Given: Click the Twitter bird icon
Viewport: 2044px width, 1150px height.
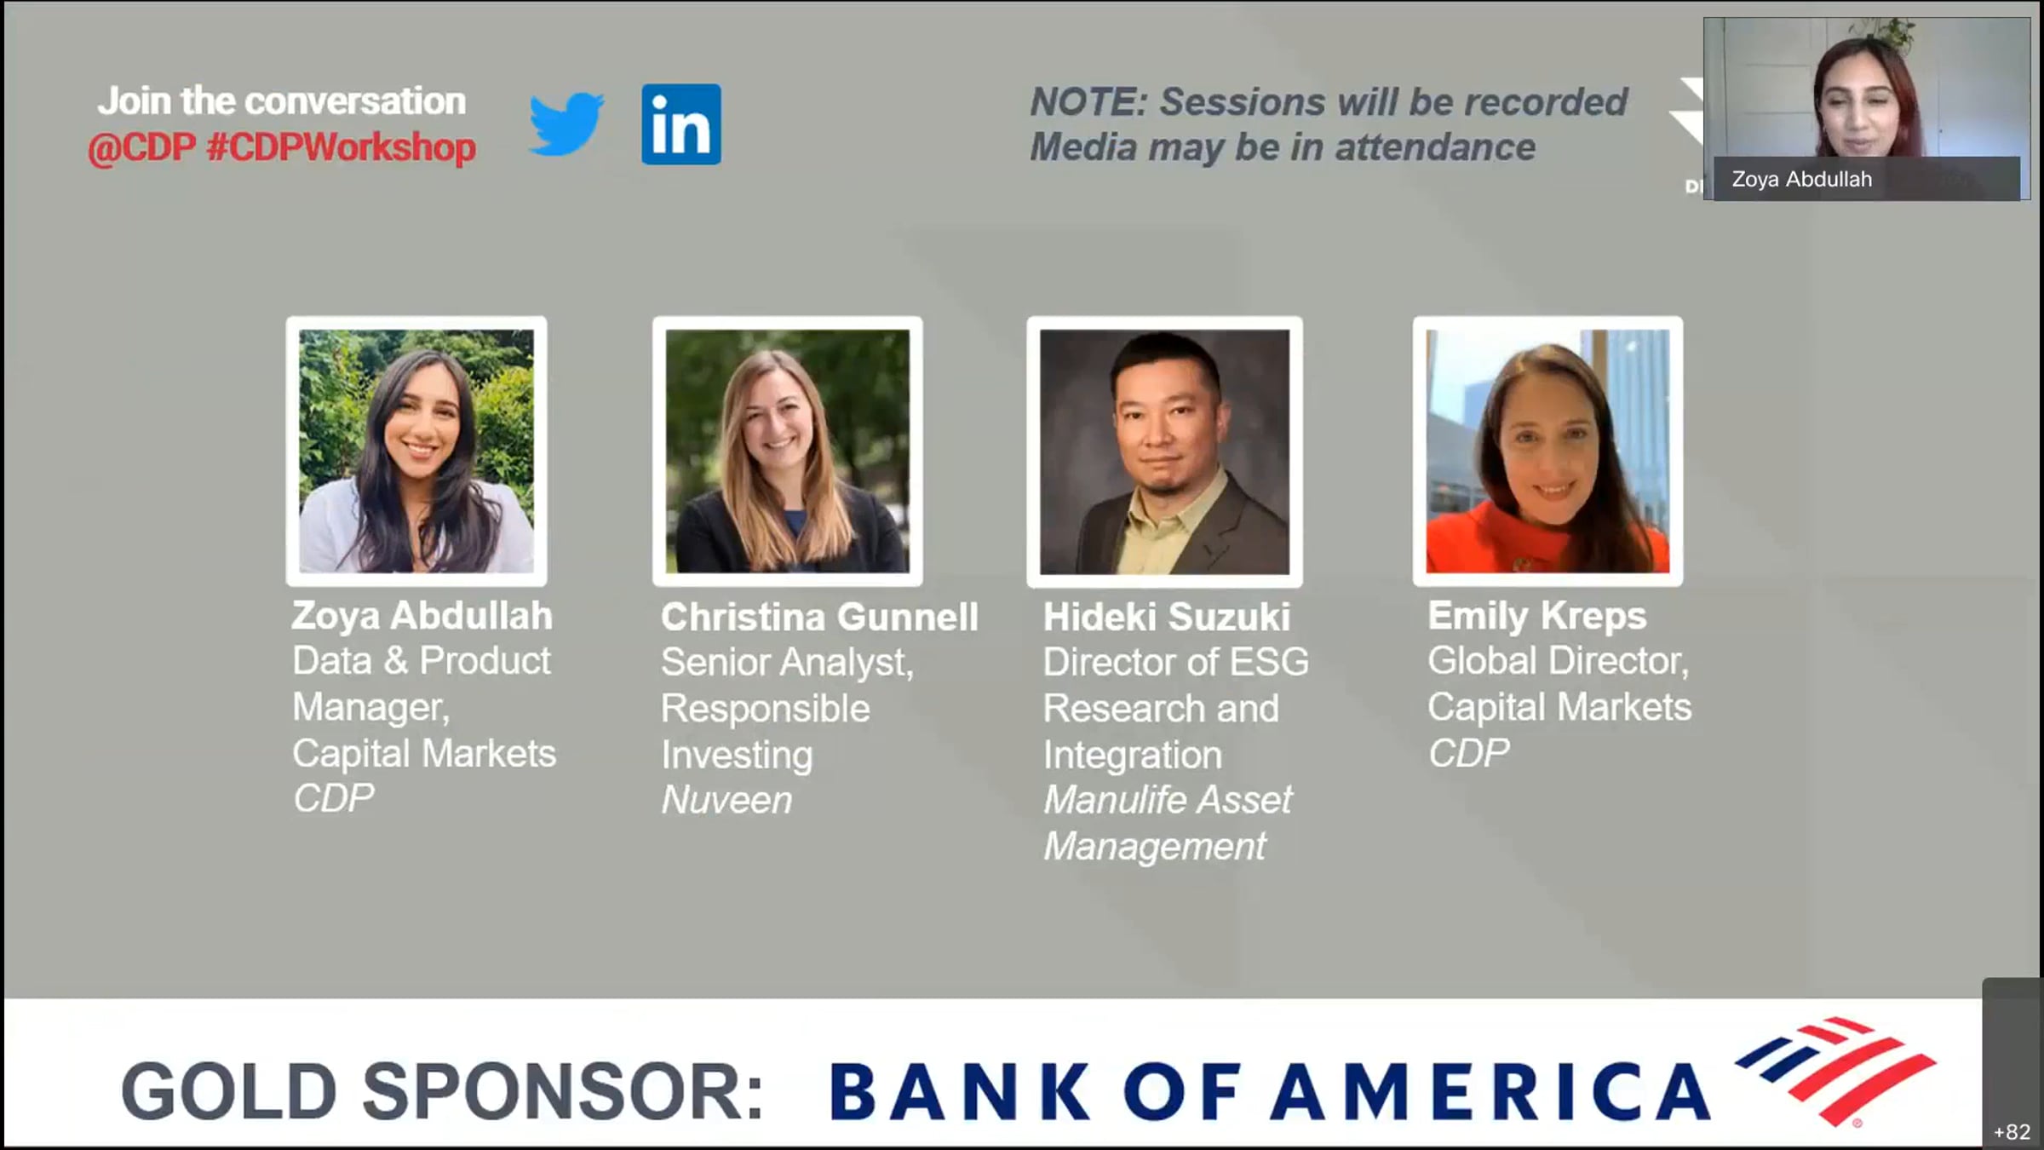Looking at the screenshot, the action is (x=566, y=124).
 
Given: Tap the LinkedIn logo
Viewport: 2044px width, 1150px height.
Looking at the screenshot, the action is (x=681, y=124).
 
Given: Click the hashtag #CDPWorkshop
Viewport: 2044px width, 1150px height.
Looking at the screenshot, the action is (x=341, y=147).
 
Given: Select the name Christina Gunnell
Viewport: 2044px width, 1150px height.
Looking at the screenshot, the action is (x=819, y=618).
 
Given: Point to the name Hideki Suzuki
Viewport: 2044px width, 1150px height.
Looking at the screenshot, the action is (x=1167, y=618).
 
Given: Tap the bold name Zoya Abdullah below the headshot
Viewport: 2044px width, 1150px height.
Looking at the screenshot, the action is (x=422, y=616).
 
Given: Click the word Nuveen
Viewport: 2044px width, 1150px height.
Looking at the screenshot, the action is (x=726, y=800).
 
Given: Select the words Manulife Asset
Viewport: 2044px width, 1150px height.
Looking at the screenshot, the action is (x=1168, y=800).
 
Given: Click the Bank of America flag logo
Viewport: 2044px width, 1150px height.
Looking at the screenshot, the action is (x=1835, y=1070).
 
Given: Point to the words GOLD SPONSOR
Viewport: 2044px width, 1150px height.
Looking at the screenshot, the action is (x=442, y=1091).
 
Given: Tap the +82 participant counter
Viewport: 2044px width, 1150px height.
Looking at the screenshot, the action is (x=2012, y=1131).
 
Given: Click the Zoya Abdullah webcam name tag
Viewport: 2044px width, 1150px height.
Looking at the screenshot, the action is (x=1866, y=179).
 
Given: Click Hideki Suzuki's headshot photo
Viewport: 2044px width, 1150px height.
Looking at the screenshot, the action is (x=1164, y=451).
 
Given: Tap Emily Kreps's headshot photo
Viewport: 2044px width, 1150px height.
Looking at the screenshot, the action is (x=1547, y=451).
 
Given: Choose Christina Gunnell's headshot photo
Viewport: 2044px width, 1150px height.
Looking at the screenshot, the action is (x=788, y=451).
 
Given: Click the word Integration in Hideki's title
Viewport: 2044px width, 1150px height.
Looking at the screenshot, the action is (x=1133, y=756).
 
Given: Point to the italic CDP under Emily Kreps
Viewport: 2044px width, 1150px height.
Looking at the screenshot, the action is (x=1468, y=753).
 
